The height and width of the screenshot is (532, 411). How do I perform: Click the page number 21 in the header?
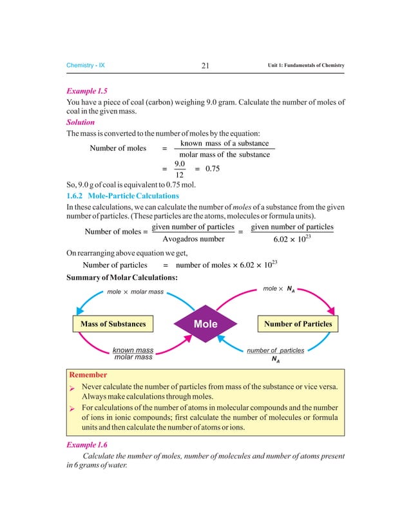(x=205, y=66)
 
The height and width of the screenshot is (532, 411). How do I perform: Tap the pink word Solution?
(x=81, y=122)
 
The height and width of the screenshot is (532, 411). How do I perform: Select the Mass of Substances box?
(x=113, y=323)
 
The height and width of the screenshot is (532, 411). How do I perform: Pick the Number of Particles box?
(x=298, y=323)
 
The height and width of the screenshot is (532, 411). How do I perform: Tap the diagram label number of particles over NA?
(x=276, y=354)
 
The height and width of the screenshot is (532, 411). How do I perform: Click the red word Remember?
(x=88, y=374)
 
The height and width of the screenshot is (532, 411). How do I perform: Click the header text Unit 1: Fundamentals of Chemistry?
(x=306, y=66)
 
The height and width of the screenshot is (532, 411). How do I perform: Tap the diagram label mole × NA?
(x=279, y=289)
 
